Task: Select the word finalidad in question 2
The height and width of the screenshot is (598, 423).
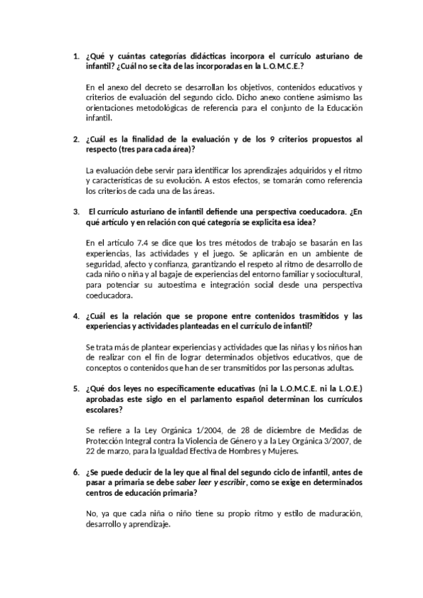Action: click(131, 140)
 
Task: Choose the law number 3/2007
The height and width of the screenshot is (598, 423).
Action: click(334, 441)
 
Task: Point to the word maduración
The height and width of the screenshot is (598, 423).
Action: click(334, 515)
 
